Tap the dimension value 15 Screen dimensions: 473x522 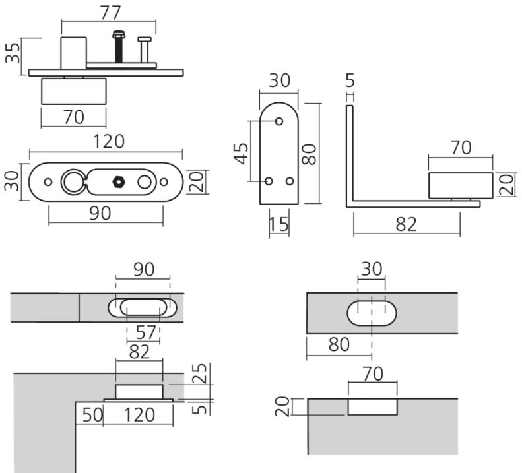[279, 224]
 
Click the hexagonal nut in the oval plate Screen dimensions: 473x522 [119, 179]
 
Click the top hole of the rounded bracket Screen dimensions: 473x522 [279, 121]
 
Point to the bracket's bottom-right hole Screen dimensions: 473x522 [290, 180]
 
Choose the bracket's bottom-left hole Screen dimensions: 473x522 [269, 180]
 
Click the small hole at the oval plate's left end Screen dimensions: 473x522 [48, 181]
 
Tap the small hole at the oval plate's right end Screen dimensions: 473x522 [163, 181]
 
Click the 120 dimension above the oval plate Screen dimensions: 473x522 [109, 141]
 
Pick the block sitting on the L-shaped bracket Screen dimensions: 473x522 [461, 185]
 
